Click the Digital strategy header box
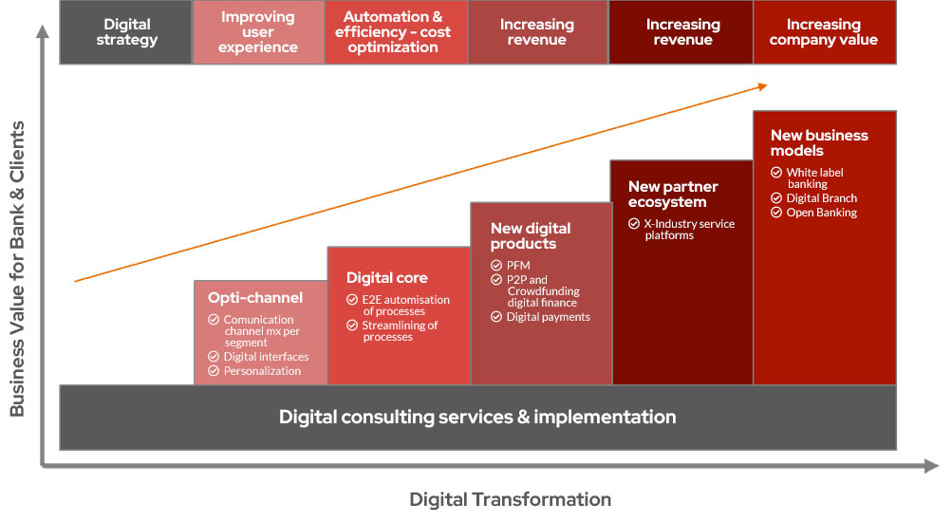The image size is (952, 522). (x=126, y=32)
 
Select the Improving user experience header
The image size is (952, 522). (x=258, y=32)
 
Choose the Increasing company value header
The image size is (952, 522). (x=823, y=32)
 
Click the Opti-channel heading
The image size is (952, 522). (x=255, y=298)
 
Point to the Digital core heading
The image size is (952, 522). (x=386, y=278)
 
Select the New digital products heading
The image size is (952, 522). (x=531, y=235)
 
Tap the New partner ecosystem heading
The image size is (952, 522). (x=673, y=194)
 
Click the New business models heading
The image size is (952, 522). (x=818, y=142)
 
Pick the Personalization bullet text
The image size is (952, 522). (x=262, y=371)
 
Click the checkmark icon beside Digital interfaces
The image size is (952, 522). (x=214, y=357)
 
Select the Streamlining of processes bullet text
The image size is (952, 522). (x=400, y=331)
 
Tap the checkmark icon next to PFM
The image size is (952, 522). (x=496, y=265)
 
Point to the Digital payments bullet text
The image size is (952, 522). (x=548, y=317)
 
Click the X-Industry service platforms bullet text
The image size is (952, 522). (x=689, y=230)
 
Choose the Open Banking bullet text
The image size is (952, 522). (x=821, y=213)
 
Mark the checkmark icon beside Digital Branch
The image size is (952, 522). (x=777, y=198)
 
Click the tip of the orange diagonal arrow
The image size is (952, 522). (x=766, y=85)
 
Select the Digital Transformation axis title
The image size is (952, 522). (x=510, y=499)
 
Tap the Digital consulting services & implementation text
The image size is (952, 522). (x=477, y=417)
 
